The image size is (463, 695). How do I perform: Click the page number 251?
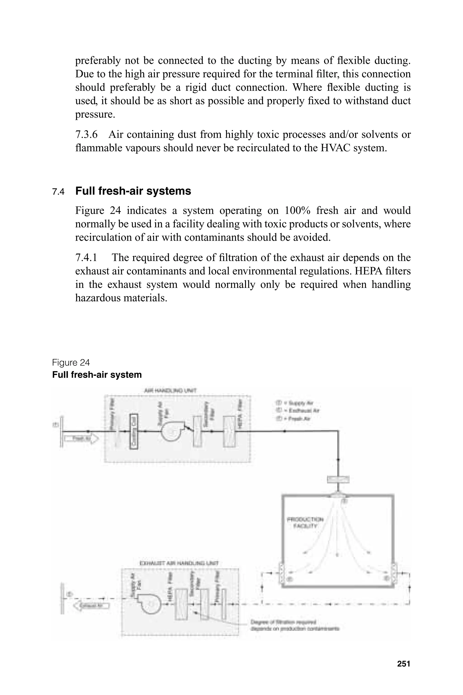403,664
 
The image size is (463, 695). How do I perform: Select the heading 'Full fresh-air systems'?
133,191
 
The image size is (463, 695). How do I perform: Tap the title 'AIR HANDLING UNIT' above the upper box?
170,391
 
